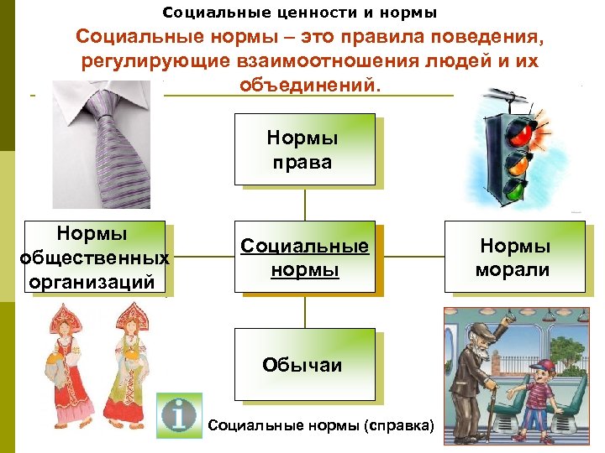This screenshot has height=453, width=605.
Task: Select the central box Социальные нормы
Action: (x=304, y=257)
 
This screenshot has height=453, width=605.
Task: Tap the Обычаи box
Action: (x=304, y=365)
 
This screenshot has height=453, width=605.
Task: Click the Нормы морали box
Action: (x=513, y=257)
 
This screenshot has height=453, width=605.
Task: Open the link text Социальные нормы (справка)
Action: (x=320, y=426)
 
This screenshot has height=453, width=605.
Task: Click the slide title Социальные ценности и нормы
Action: (x=299, y=13)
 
